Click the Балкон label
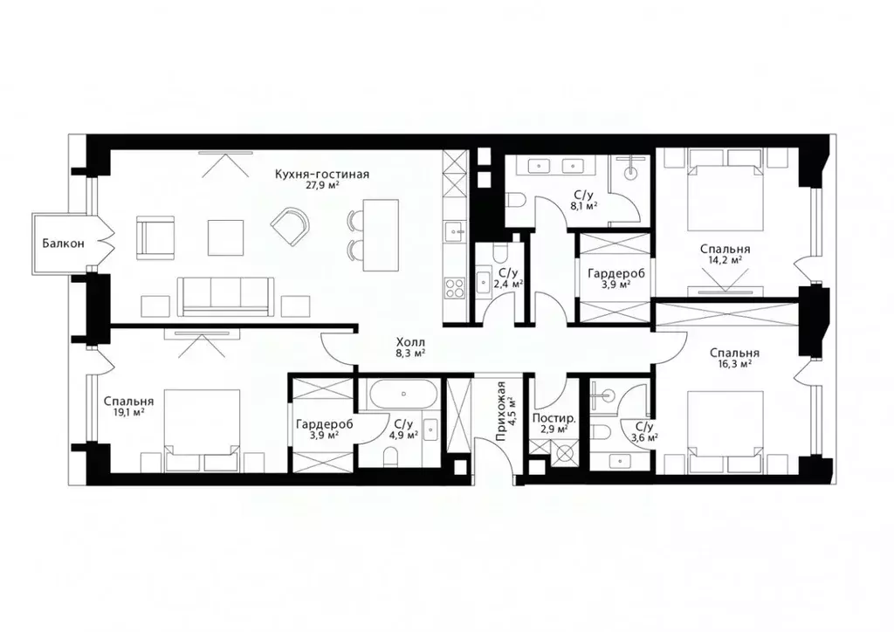(x=64, y=244)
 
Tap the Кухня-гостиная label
(x=322, y=174)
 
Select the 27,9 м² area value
(x=322, y=185)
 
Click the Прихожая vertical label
(x=501, y=412)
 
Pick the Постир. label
(x=554, y=419)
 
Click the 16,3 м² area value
(x=733, y=364)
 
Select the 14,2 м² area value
(x=726, y=259)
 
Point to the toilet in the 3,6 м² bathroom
(x=603, y=430)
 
